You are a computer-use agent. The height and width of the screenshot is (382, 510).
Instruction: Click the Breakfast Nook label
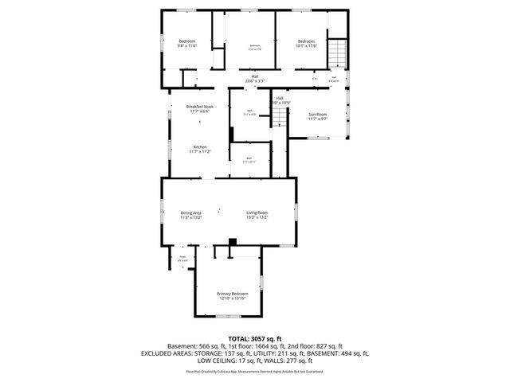click(199, 107)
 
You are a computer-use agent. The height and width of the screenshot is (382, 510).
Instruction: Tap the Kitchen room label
click(199, 146)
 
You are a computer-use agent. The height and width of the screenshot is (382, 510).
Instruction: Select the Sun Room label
click(318, 115)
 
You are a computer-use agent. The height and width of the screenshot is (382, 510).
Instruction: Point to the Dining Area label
click(190, 212)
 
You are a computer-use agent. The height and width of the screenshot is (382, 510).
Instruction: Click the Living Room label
click(256, 212)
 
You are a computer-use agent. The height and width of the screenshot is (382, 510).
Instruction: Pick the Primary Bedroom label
click(232, 294)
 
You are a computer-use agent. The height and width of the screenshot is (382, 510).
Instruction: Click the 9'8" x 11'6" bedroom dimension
click(186, 46)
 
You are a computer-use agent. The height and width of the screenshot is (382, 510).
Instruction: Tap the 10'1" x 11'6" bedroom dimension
click(307, 46)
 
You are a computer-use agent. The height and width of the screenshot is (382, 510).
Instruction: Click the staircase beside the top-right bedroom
click(338, 53)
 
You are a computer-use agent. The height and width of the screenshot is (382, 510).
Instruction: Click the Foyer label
click(182, 257)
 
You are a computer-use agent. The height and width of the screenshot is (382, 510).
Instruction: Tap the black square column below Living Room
click(232, 243)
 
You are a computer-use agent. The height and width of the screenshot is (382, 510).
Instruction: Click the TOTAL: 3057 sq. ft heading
click(255, 339)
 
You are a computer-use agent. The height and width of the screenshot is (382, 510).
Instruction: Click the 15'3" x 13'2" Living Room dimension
click(256, 217)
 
